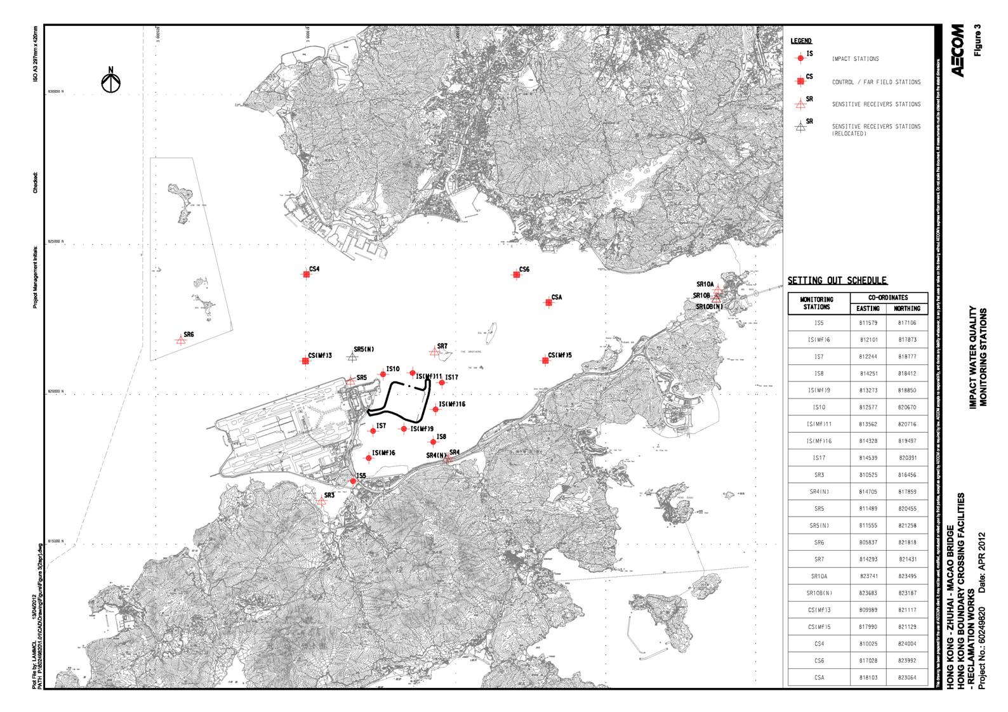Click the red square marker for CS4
pyautogui.click(x=306, y=274)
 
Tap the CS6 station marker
pyautogui.click(x=517, y=274)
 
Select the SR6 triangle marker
pyautogui.click(x=181, y=340)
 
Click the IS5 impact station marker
pyautogui.click(x=354, y=481)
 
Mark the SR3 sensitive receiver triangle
pyautogui.click(x=321, y=501)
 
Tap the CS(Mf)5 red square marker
pyautogui.click(x=545, y=360)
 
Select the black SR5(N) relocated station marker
pyautogui.click(x=352, y=357)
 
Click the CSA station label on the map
pyautogui.click(x=557, y=297)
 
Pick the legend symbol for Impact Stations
pyautogui.click(x=800, y=58)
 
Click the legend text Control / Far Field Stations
pyautogui.click(x=876, y=82)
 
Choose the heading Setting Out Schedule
pyautogui.click(x=837, y=280)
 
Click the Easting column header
pyautogui.click(x=868, y=308)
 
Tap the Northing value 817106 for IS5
pyautogui.click(x=906, y=322)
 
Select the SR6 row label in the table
pyautogui.click(x=819, y=543)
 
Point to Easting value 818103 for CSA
pyautogui.click(x=868, y=677)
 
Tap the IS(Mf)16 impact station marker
pyautogui.click(x=435, y=409)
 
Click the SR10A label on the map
pyautogui.click(x=705, y=284)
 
